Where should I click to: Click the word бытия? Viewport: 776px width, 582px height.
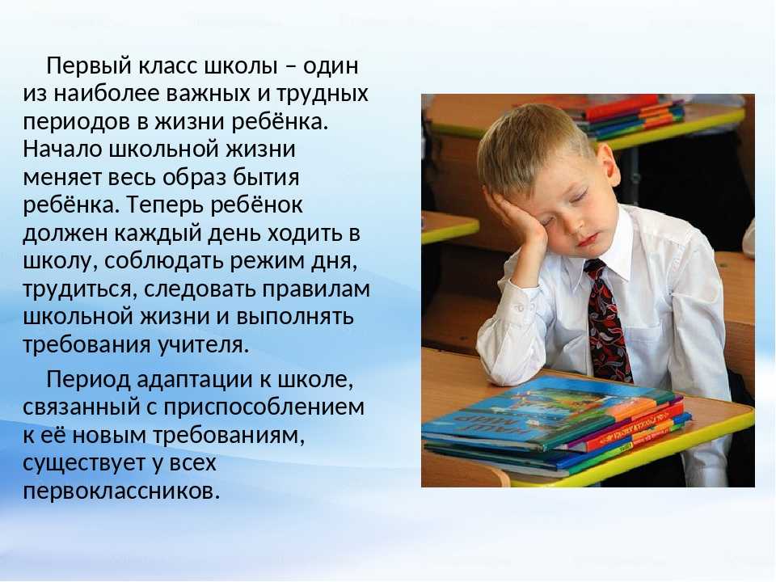point(273,177)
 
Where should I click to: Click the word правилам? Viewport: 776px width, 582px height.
point(316,289)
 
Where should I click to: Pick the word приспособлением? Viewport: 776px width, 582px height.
point(264,407)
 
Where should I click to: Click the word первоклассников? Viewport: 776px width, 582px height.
point(120,491)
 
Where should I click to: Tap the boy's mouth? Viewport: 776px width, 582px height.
point(588,241)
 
